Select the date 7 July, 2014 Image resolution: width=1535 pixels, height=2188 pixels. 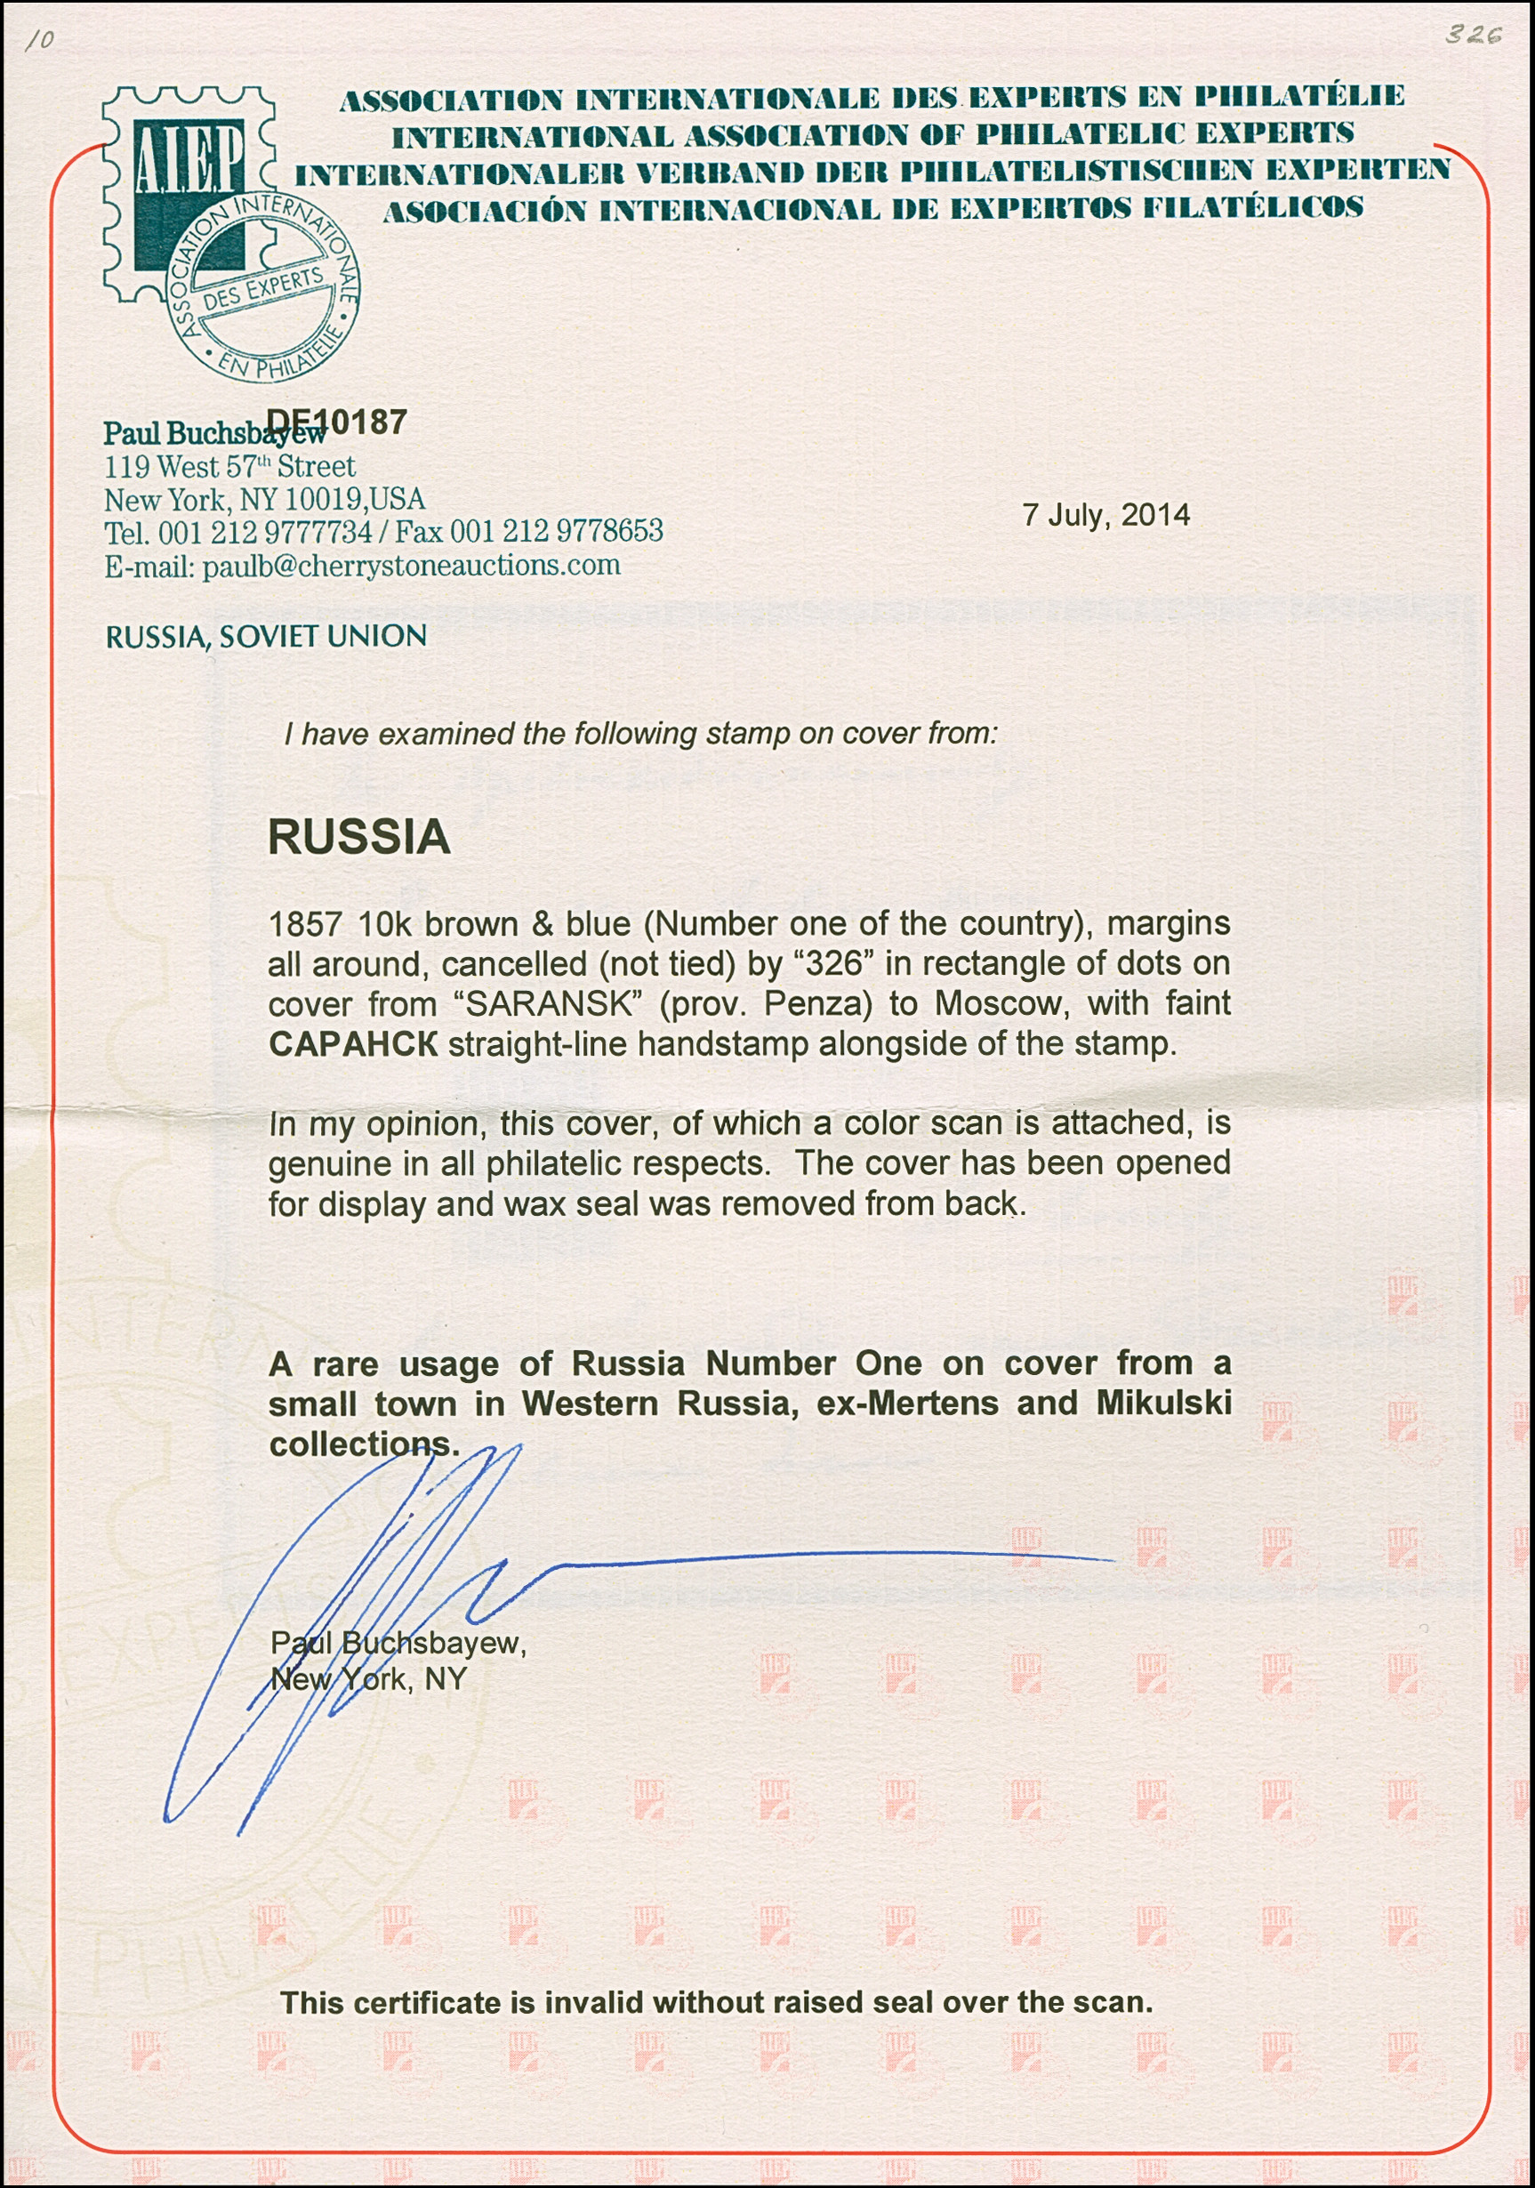[1105, 516]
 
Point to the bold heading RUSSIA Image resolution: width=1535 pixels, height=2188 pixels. [358, 838]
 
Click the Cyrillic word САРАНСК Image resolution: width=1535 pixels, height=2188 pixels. [352, 1043]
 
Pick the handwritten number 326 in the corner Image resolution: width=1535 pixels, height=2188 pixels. [1473, 35]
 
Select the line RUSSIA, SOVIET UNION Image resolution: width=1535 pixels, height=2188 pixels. [266, 636]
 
